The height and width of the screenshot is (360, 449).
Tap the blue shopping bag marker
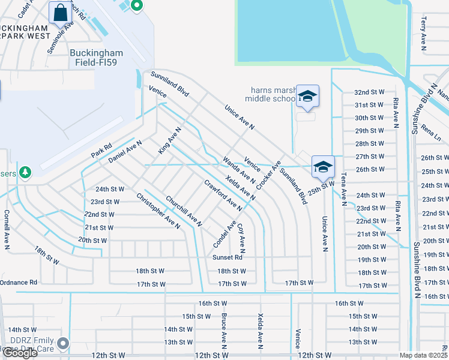pos(61,12)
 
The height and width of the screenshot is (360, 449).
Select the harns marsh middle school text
pos(273,95)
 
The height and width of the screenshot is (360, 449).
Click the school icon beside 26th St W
pos(322,166)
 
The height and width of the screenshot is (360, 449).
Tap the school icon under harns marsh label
pos(307,96)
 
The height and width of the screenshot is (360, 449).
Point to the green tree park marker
pos(25,173)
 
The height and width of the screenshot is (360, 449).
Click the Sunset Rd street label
pos(228,257)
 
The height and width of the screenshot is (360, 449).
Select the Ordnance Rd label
pos(18,282)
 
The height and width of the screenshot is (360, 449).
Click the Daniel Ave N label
pos(125,152)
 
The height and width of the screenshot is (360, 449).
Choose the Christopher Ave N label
pos(158,211)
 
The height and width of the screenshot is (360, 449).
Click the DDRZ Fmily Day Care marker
pos(63,344)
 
